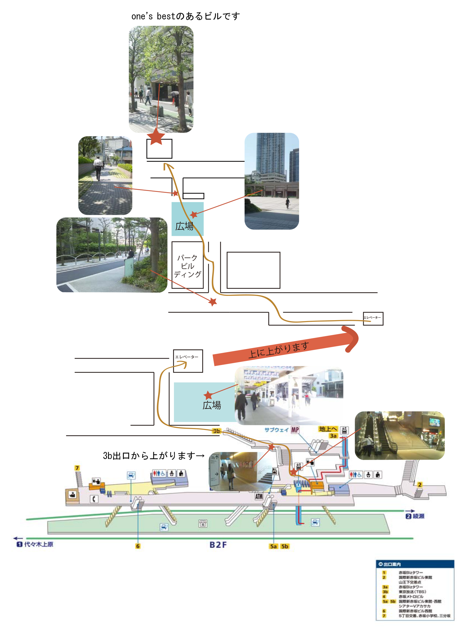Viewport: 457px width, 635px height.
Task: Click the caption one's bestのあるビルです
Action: (x=186, y=16)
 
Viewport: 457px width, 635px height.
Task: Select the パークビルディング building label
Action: (x=187, y=266)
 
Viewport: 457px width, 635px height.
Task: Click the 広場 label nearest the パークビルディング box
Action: (x=184, y=226)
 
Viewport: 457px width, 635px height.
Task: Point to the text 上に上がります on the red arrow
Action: (x=279, y=350)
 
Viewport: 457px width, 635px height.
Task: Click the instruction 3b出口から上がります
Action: (x=154, y=455)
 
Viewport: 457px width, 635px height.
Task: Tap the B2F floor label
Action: (x=218, y=545)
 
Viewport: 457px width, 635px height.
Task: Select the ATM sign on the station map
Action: (x=259, y=496)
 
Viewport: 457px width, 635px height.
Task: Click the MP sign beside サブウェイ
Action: (x=295, y=430)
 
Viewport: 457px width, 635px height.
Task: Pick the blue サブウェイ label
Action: (x=276, y=430)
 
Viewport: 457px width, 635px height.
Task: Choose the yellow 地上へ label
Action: (x=328, y=429)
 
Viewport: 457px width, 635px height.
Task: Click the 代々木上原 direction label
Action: (x=39, y=544)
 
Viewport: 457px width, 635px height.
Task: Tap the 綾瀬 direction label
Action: (x=418, y=516)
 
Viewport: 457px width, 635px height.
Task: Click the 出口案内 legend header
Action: (x=392, y=564)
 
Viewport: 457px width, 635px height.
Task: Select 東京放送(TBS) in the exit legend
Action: (x=412, y=592)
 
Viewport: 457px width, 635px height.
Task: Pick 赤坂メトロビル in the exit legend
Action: (x=411, y=596)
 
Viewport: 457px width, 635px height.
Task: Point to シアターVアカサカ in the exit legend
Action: (x=414, y=606)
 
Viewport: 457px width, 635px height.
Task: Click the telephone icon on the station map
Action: (x=94, y=499)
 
